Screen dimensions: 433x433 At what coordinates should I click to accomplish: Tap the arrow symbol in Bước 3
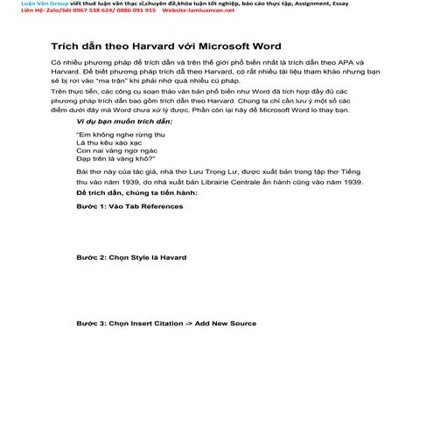pyautogui.click(x=187, y=323)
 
